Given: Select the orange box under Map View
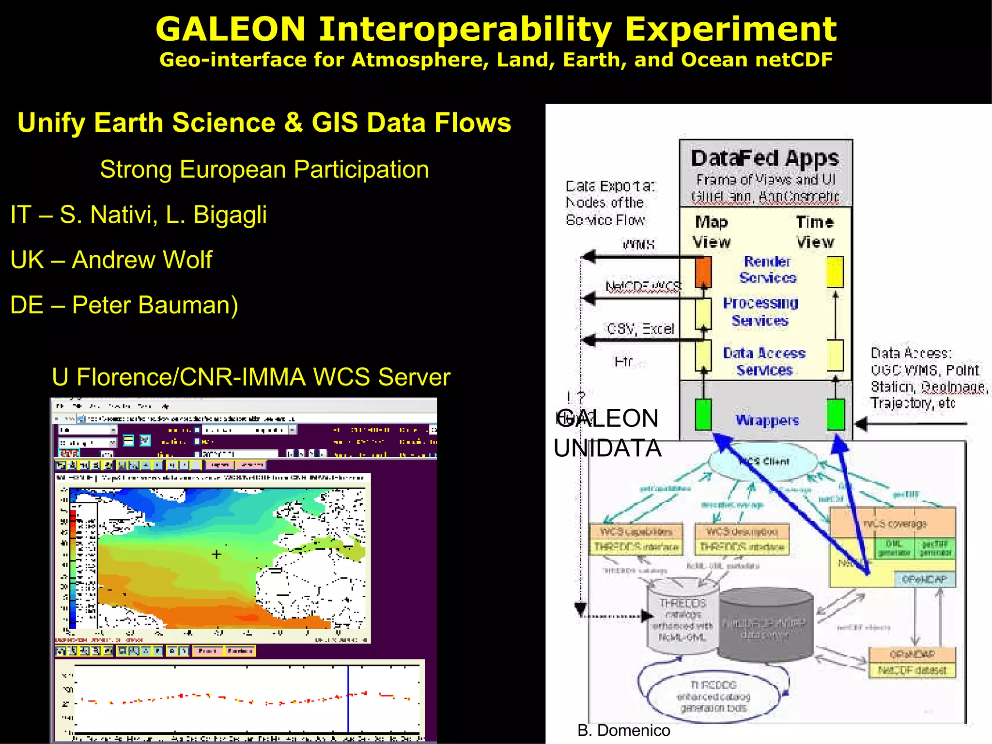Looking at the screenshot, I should [x=703, y=272].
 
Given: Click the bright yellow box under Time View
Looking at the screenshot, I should [x=835, y=272].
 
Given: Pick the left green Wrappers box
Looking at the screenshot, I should [x=703, y=415].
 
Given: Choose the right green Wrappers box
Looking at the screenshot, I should [x=836, y=415].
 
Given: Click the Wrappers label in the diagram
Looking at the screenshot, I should [x=767, y=420].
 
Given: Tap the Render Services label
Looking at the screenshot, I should [x=768, y=269].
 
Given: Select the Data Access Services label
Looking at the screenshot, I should [x=764, y=361].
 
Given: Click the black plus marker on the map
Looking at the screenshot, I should [x=217, y=554].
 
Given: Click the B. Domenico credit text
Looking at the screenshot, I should [x=624, y=730].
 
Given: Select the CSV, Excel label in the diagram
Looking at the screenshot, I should [x=640, y=329].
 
